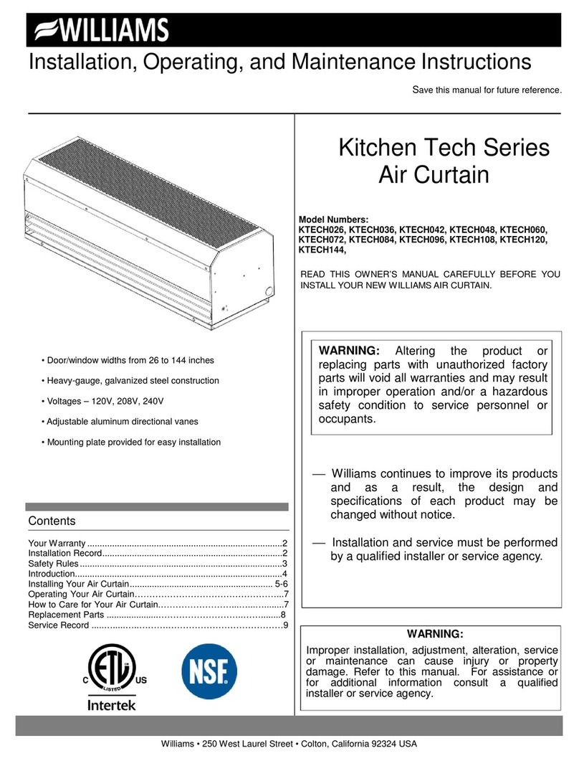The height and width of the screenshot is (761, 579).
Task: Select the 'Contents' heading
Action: [52, 521]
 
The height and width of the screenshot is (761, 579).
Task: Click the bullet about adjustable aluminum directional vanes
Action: [131, 422]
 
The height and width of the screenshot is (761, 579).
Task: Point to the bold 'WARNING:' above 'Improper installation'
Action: [435, 634]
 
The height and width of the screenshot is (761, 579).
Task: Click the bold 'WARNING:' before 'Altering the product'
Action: [348, 351]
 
